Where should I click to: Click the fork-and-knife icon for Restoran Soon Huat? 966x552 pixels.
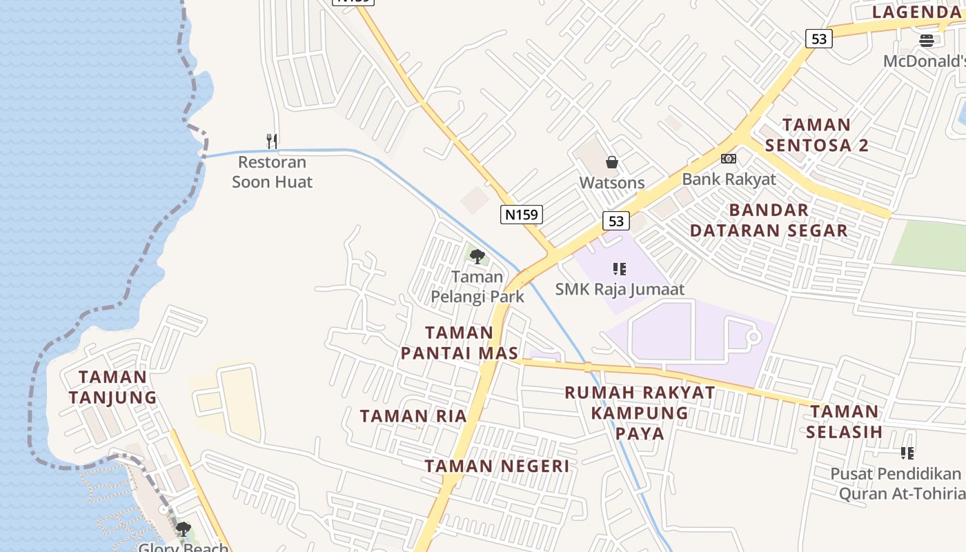[272, 141]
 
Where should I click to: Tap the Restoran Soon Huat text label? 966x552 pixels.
[272, 172]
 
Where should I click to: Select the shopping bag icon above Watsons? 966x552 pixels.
[611, 163]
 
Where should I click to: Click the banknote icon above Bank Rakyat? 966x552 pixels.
[729, 159]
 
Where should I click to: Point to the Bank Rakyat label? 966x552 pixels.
[729, 179]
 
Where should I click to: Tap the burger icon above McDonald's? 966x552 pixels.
[927, 41]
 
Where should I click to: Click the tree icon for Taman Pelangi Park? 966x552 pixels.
[477, 257]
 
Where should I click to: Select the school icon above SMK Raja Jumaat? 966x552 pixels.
[620, 269]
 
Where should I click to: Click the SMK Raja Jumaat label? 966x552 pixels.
[620, 289]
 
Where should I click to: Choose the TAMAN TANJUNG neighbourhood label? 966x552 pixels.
[112, 388]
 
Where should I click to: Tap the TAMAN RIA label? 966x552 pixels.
[413, 416]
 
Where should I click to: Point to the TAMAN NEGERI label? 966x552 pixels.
[497, 466]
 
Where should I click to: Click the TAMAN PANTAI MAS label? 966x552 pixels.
[459, 343]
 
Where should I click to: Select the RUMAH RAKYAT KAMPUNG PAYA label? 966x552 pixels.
[640, 413]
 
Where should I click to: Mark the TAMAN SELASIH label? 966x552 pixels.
[845, 422]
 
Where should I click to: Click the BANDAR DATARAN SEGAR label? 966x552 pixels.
[769, 220]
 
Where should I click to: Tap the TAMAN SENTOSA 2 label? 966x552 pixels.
[817, 135]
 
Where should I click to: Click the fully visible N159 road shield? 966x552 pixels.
[521, 215]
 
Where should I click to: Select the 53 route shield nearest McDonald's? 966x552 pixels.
[818, 39]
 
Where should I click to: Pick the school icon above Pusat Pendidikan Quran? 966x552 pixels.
[907, 453]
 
